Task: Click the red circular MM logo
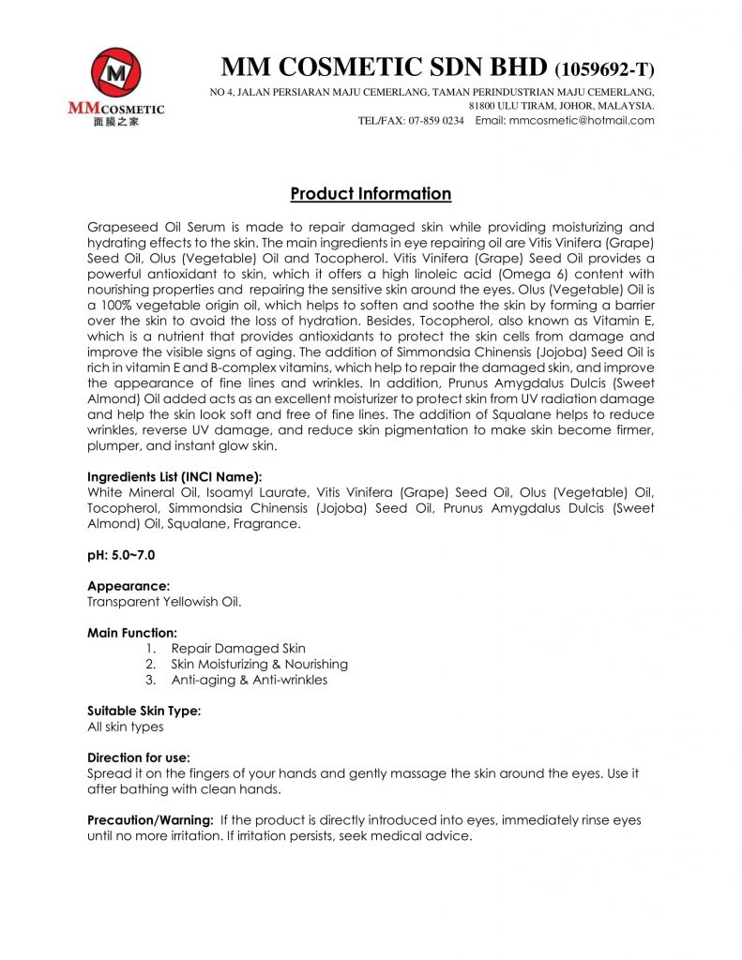(x=116, y=72)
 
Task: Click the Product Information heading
(x=371, y=194)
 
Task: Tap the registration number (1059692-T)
(x=605, y=70)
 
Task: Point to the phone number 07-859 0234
(x=436, y=121)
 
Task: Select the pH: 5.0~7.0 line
(x=124, y=555)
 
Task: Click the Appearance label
(x=129, y=586)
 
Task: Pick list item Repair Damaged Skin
(x=238, y=648)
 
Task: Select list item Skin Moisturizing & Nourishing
(x=259, y=664)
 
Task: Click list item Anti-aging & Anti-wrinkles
(x=249, y=680)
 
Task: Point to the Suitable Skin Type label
(x=144, y=711)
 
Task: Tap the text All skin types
(x=125, y=727)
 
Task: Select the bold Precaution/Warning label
(x=150, y=819)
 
